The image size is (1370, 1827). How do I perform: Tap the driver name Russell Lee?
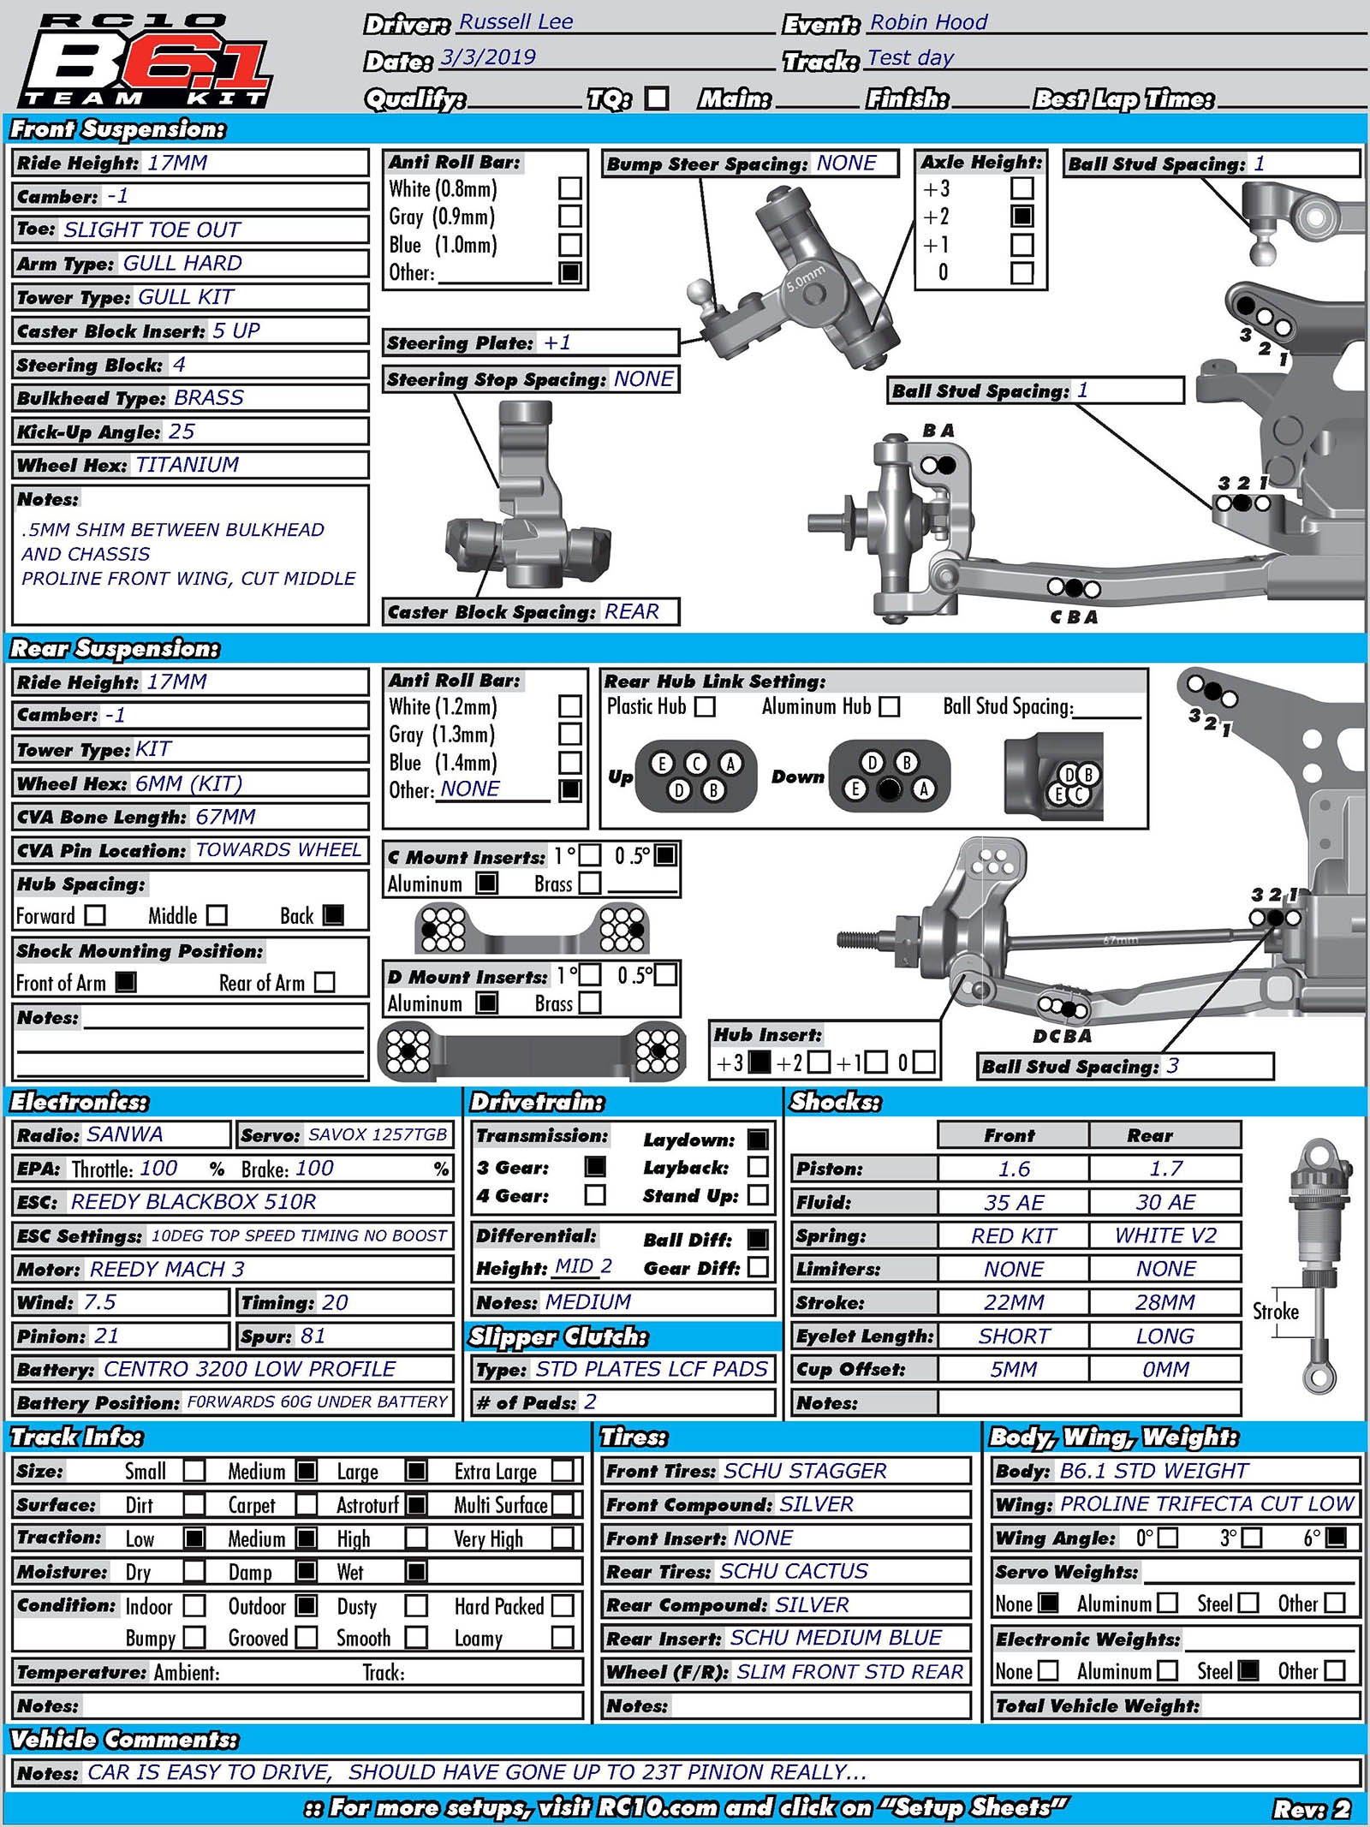click(x=515, y=22)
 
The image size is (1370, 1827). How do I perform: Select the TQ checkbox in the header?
click(x=657, y=98)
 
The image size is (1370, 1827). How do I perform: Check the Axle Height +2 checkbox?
click(x=1022, y=216)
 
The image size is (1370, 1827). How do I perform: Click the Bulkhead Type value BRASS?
click(x=209, y=398)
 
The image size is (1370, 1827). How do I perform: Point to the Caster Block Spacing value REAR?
click(x=632, y=612)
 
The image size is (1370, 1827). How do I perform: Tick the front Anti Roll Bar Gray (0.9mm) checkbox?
click(x=569, y=217)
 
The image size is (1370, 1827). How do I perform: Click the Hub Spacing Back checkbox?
click(x=333, y=915)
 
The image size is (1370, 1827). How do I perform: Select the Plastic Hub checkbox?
click(x=705, y=707)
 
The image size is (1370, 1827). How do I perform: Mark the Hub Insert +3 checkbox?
click(x=759, y=1062)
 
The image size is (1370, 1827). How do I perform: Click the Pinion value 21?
click(x=107, y=1336)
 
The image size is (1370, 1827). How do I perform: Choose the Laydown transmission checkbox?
click(x=758, y=1140)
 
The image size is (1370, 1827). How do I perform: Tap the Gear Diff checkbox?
click(x=758, y=1267)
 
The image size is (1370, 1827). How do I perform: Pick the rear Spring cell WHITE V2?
click(x=1165, y=1236)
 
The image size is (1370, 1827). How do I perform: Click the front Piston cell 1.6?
click(x=1014, y=1169)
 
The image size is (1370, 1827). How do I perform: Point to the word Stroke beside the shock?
click(x=1275, y=1312)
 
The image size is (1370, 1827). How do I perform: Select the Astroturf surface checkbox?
click(x=417, y=1504)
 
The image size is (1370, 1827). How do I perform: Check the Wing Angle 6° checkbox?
click(x=1335, y=1538)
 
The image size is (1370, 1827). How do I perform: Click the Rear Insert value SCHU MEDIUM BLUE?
click(x=836, y=1638)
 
